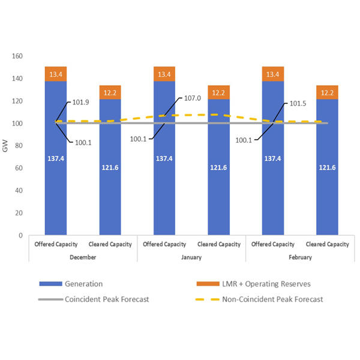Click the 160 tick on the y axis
click(x=17, y=56)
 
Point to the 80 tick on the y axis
click(x=19, y=146)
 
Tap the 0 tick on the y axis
click(x=20, y=235)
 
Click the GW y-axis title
click(x=5, y=146)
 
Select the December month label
click(x=83, y=256)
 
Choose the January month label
click(x=191, y=256)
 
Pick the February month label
click(x=300, y=256)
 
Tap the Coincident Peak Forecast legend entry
click(x=105, y=298)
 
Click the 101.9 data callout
click(x=80, y=102)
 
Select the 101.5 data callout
click(x=298, y=103)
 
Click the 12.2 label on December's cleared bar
click(x=110, y=92)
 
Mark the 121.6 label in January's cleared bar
click(x=218, y=167)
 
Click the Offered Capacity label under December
click(x=56, y=244)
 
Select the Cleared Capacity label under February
click(x=327, y=244)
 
